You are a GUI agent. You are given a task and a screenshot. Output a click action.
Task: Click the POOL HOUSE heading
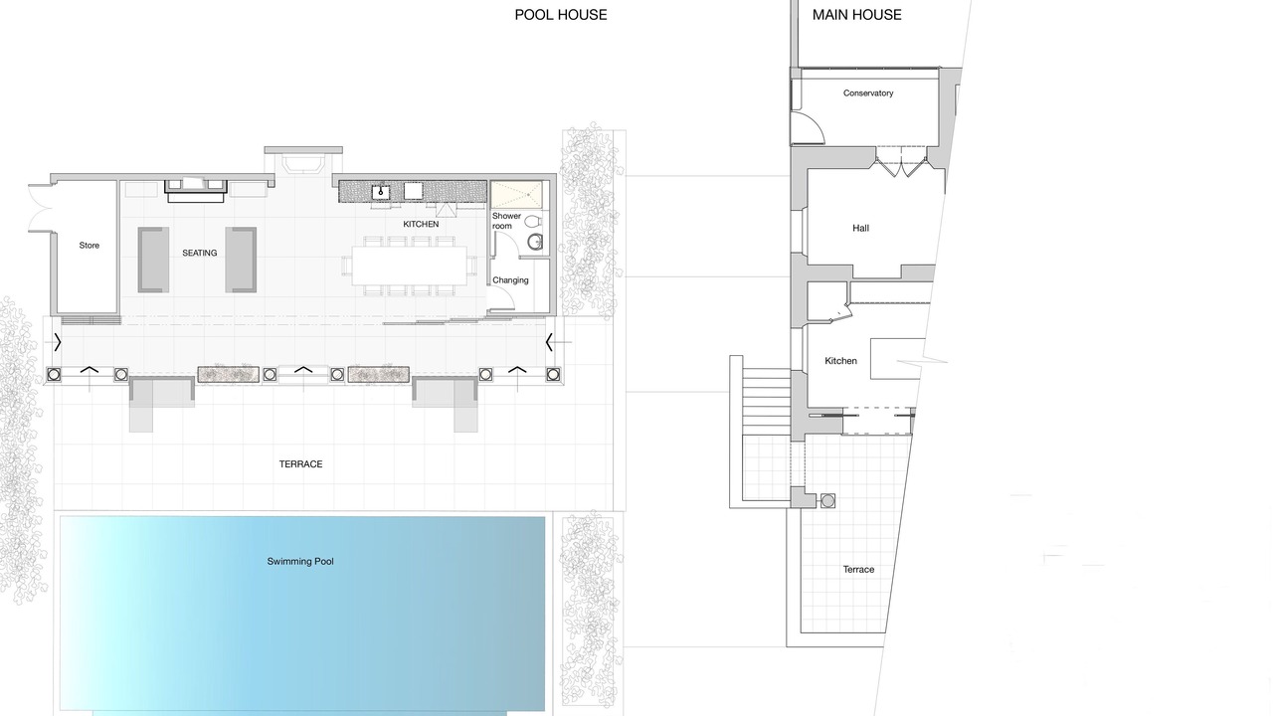(560, 15)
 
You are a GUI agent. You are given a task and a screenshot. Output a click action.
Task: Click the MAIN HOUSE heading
(856, 15)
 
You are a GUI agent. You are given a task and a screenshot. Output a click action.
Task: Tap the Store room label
(90, 246)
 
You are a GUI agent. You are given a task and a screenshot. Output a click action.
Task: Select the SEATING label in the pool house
(200, 253)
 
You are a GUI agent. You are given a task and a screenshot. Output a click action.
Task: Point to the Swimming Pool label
(300, 562)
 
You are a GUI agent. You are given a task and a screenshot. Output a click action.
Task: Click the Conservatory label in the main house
(868, 93)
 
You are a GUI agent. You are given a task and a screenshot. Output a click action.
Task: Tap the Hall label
(860, 229)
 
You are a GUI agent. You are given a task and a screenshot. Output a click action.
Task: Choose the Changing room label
(510, 280)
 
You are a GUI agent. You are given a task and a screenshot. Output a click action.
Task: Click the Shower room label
(506, 221)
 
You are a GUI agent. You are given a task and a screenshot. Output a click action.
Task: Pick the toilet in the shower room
(532, 221)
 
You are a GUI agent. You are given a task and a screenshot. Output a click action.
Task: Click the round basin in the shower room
(534, 243)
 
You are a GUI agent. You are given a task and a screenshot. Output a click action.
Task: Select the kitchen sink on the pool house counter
(381, 192)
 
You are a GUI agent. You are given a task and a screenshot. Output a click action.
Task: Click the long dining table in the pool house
(409, 266)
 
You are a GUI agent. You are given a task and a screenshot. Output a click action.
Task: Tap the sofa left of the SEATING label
(153, 260)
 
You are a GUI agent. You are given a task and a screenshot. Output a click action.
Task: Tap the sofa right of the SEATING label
(241, 260)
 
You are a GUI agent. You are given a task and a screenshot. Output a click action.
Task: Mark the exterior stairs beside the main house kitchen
(766, 402)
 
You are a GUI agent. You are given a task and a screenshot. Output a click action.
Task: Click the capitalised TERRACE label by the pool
(300, 464)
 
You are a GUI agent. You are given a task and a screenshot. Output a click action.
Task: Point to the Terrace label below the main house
(858, 570)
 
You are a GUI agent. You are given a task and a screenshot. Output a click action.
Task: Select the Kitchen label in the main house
(840, 361)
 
